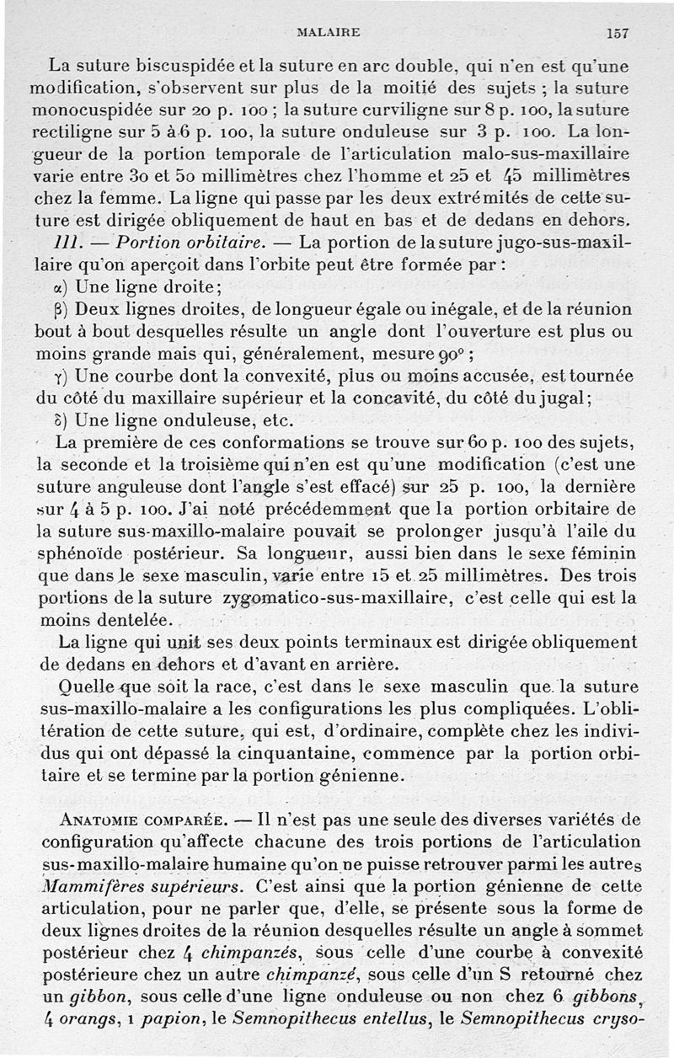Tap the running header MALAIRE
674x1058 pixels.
coord(329,33)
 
